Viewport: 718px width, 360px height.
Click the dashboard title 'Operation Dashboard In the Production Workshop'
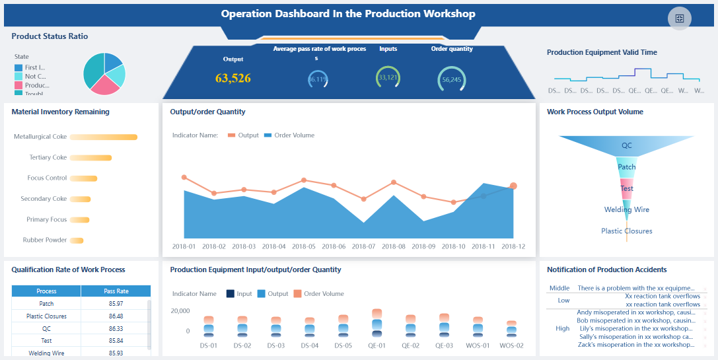(x=347, y=14)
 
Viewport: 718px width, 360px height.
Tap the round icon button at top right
(x=680, y=18)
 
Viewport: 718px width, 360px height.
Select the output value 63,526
(x=233, y=78)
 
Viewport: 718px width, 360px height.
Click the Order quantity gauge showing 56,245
(x=452, y=79)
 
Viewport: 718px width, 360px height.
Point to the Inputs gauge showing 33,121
(x=388, y=77)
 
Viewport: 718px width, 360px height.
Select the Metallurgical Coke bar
(x=104, y=137)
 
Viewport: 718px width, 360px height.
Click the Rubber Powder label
(x=45, y=240)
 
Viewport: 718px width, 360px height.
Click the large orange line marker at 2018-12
(x=513, y=186)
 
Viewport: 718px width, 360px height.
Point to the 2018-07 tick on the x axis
(x=363, y=246)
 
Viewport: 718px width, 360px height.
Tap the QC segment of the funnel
(x=626, y=145)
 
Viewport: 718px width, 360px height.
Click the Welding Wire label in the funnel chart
(x=626, y=209)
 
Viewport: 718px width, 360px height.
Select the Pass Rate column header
(x=116, y=291)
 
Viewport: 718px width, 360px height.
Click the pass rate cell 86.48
(x=116, y=316)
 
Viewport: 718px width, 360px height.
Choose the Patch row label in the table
(x=46, y=304)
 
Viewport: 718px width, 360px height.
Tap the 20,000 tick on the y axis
(x=180, y=310)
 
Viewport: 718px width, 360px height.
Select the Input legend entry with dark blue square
(x=238, y=294)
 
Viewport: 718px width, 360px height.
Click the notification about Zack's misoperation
(x=635, y=344)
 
